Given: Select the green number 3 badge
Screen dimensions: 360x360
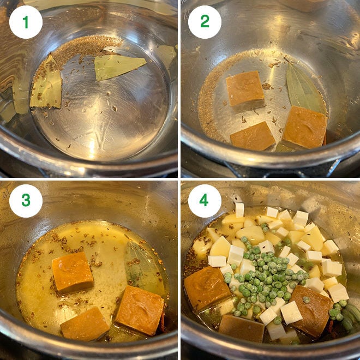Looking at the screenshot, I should click(x=26, y=201).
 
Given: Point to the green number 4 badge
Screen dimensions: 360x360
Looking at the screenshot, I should click(x=205, y=201).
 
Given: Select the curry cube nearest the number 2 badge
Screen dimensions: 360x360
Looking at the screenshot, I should click(x=245, y=88).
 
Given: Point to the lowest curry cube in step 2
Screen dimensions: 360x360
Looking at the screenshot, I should click(x=253, y=136).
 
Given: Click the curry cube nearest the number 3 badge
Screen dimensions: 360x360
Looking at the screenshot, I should click(x=73, y=272).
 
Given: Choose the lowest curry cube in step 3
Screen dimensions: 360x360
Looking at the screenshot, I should click(x=85, y=323).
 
